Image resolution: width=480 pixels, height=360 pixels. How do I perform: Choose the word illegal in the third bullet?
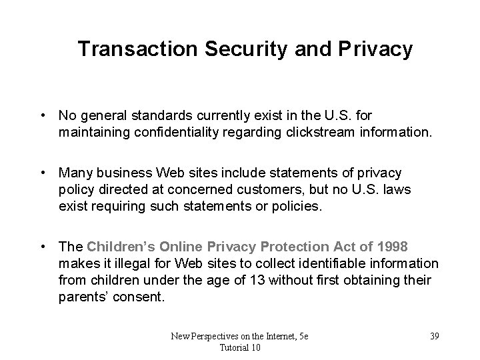tap(133, 265)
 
